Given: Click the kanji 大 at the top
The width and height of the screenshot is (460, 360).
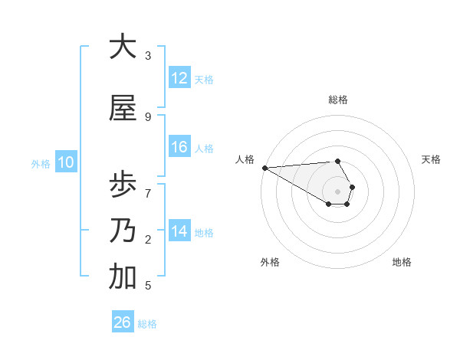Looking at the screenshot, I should click(x=123, y=47).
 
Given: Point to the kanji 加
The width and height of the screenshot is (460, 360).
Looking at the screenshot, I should click(x=123, y=277).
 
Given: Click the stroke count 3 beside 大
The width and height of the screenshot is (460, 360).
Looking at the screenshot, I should click(x=148, y=55).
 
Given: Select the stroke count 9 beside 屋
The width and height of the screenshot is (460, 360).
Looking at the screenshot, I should click(x=148, y=116).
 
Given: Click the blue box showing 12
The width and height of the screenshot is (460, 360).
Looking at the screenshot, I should click(x=179, y=78).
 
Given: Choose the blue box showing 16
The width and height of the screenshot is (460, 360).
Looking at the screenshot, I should click(x=179, y=147).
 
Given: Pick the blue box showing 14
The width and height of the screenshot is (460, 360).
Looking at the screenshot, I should click(x=179, y=231).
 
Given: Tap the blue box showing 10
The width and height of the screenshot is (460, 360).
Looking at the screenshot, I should click(x=66, y=162).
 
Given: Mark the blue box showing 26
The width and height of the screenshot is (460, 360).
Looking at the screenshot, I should click(x=123, y=322).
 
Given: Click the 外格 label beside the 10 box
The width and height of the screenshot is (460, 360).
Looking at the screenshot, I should click(x=41, y=163).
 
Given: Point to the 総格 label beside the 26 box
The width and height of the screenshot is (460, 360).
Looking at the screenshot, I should click(x=147, y=324).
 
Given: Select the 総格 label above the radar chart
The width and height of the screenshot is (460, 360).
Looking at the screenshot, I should click(x=338, y=100).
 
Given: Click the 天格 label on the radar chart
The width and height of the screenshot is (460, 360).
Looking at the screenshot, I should click(x=432, y=159).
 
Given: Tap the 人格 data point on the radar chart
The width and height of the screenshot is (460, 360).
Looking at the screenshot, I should click(x=264, y=168).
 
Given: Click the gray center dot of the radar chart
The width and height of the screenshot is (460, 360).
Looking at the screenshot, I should click(x=338, y=191).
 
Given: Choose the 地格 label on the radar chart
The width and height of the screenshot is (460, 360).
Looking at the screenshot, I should click(x=402, y=262).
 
